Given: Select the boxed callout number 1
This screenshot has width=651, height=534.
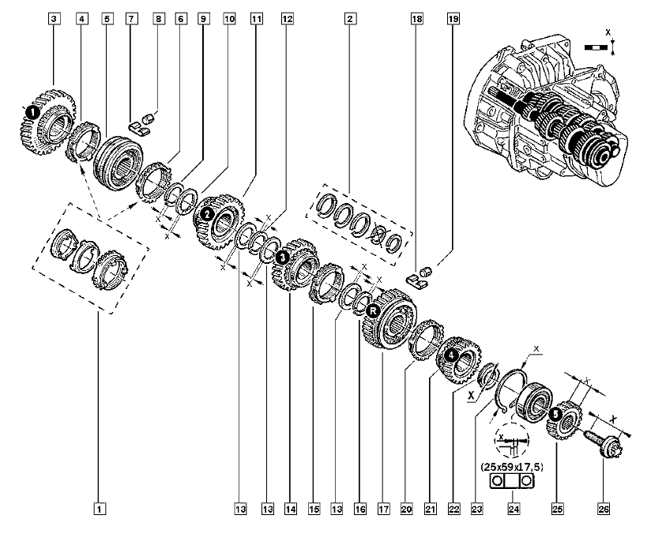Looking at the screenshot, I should [x=100, y=510].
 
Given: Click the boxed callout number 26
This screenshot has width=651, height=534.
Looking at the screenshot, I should [x=604, y=510].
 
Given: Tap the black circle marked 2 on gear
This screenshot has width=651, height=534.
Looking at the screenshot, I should [x=206, y=213].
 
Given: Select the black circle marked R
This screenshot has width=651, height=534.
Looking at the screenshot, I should [x=374, y=310].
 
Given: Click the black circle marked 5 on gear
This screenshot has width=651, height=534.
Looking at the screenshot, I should [x=555, y=412].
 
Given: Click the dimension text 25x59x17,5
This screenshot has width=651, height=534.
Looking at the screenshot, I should [x=516, y=467].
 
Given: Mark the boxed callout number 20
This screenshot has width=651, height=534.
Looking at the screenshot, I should [x=406, y=510].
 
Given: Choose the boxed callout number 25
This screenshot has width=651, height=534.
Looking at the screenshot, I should [x=559, y=510].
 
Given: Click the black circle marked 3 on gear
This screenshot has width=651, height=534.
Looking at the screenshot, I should [x=282, y=258].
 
